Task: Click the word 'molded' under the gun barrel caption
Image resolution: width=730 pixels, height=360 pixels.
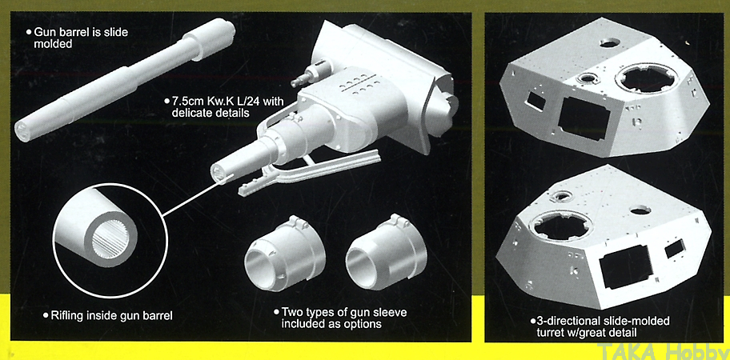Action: pos(54,44)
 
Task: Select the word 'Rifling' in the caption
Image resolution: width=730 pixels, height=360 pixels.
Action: pos(65,315)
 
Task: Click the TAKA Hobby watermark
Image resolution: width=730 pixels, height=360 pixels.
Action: pos(662,350)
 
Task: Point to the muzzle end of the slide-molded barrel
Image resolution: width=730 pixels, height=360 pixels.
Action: pos(23,128)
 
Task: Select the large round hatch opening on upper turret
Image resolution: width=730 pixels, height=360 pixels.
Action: pos(647,79)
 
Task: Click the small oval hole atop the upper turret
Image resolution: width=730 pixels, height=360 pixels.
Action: pos(609,42)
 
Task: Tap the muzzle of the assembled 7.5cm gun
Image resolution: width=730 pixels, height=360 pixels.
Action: pos(219,174)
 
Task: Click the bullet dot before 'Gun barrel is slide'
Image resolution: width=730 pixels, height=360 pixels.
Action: pos(29,33)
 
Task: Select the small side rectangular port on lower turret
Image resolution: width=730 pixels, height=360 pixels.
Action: pos(675,250)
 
